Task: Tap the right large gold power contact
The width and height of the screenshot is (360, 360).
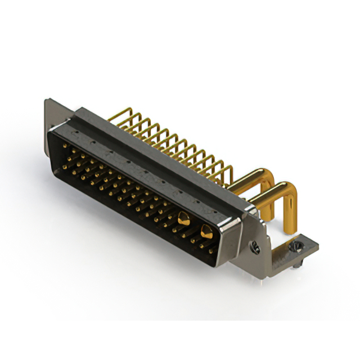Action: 206,230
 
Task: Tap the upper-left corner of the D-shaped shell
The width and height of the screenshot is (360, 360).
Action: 52,130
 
